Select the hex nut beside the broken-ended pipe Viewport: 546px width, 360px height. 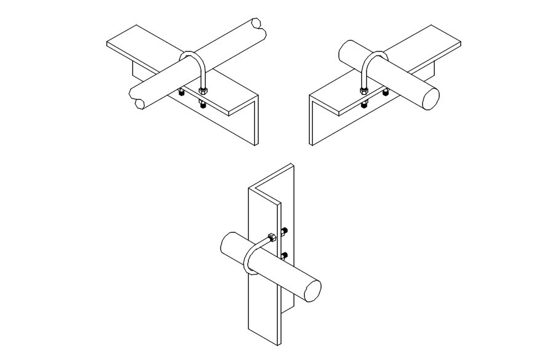(x=203, y=92)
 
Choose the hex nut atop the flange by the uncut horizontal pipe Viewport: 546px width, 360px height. (x=364, y=92)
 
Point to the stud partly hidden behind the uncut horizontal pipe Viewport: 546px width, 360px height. (x=386, y=92)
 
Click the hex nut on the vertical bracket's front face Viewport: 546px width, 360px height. (x=270, y=236)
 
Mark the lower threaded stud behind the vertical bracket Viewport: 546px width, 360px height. (x=285, y=254)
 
